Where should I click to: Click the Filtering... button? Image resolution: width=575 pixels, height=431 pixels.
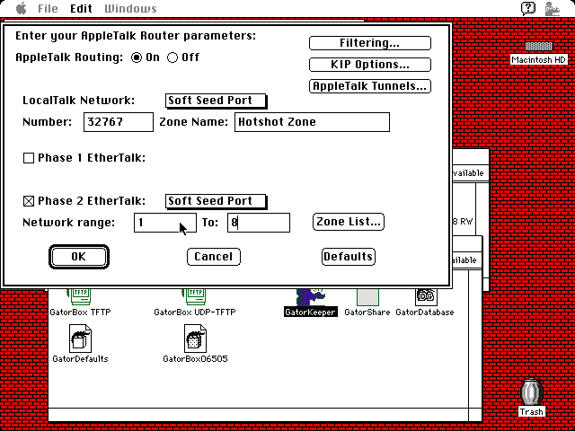(x=369, y=43)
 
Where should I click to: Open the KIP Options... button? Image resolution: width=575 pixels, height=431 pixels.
(x=369, y=65)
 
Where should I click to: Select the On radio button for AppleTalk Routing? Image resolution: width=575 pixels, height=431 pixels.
(x=137, y=57)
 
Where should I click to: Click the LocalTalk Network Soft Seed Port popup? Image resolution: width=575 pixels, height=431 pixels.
(x=216, y=101)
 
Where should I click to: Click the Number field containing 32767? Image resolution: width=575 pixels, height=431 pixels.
(x=118, y=122)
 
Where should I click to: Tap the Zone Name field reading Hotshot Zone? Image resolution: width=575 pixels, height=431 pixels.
(x=312, y=122)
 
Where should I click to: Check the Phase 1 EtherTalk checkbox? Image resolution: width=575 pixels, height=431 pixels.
(x=29, y=158)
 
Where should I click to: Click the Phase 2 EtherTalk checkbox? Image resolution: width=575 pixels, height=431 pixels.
(x=29, y=201)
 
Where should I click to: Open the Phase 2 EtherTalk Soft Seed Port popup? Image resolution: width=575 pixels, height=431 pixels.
(x=216, y=201)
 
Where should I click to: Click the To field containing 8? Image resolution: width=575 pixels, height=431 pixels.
(x=259, y=223)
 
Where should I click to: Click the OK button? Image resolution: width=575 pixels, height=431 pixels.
(x=78, y=257)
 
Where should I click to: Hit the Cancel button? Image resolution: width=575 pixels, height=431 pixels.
(x=214, y=257)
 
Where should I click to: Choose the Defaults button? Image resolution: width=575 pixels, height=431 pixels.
(x=348, y=257)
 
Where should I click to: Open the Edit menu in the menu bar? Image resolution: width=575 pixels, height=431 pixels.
(x=81, y=9)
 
